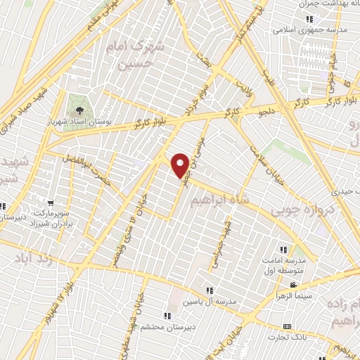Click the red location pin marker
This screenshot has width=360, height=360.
(x=181, y=165)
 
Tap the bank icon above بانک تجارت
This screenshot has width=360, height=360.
(x=286, y=327)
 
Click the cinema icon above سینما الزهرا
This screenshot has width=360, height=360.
(x=293, y=285)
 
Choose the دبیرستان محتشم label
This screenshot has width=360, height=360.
(x=167, y=326)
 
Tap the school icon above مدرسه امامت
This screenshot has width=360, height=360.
(x=284, y=250)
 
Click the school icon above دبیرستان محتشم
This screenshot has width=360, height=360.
(x=167, y=316)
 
